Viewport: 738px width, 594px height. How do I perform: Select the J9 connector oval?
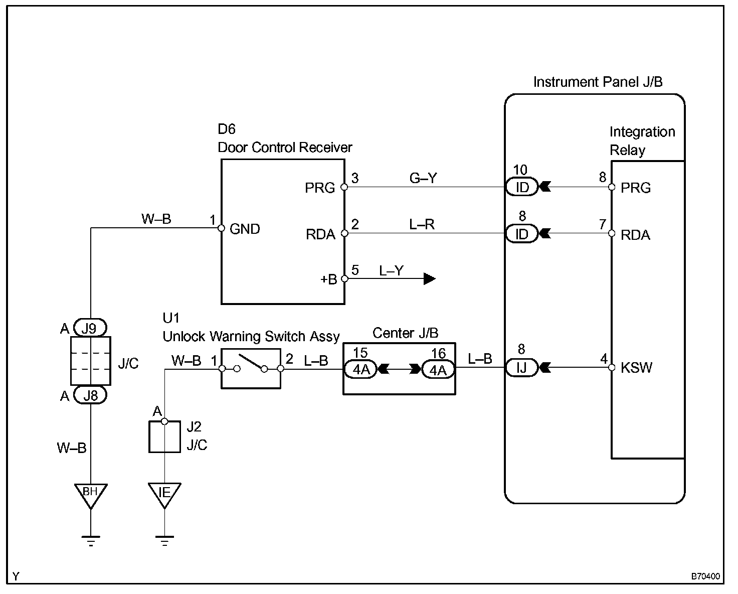90,329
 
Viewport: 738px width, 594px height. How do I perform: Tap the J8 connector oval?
90,396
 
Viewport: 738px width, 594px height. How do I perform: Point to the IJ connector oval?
522,368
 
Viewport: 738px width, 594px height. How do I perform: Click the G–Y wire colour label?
423,178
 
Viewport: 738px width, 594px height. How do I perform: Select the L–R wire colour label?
422,224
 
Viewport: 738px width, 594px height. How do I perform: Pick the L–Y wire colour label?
391,271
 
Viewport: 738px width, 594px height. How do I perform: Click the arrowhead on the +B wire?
429,279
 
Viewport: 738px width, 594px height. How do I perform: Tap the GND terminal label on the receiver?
245,229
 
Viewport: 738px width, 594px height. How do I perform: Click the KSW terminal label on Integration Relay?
636,368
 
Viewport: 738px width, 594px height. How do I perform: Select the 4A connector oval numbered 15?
361,370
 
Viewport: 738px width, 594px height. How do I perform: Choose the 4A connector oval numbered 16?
438,370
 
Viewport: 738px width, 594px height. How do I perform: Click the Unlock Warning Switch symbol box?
251,369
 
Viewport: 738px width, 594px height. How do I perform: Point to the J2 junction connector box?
164,437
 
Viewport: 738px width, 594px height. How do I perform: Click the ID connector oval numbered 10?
522,187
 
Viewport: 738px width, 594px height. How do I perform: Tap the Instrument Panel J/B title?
598,82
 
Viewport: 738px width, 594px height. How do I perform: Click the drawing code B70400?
705,577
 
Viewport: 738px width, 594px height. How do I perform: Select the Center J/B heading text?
405,333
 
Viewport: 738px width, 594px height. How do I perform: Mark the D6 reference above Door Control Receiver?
227,129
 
